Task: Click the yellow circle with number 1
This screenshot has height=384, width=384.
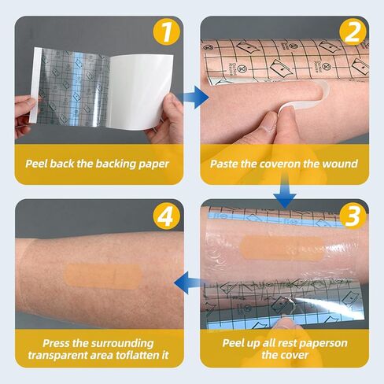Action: (166, 32)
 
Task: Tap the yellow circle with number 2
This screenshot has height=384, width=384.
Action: (353, 32)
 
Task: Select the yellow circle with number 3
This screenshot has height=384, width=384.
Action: (353, 216)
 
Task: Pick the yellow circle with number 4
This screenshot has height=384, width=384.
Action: (166, 216)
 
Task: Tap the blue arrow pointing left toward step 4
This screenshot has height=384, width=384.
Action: (190, 282)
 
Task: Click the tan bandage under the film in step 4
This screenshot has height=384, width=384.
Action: (103, 276)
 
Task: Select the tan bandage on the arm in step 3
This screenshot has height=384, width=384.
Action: (282, 248)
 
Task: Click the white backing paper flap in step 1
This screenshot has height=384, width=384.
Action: (141, 92)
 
